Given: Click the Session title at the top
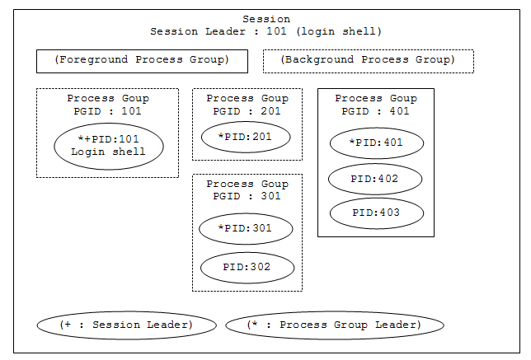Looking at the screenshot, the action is (266, 19).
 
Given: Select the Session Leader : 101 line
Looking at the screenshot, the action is (266, 31).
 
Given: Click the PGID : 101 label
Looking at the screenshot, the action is (107, 111).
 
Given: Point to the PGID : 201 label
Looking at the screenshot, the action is (247, 111).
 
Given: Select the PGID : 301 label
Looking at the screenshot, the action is (247, 196).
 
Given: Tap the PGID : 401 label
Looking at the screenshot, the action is (375, 111).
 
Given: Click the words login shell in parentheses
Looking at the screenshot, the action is (339, 31).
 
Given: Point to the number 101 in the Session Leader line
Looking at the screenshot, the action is (276, 31).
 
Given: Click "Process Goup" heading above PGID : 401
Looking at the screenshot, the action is (376, 99).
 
